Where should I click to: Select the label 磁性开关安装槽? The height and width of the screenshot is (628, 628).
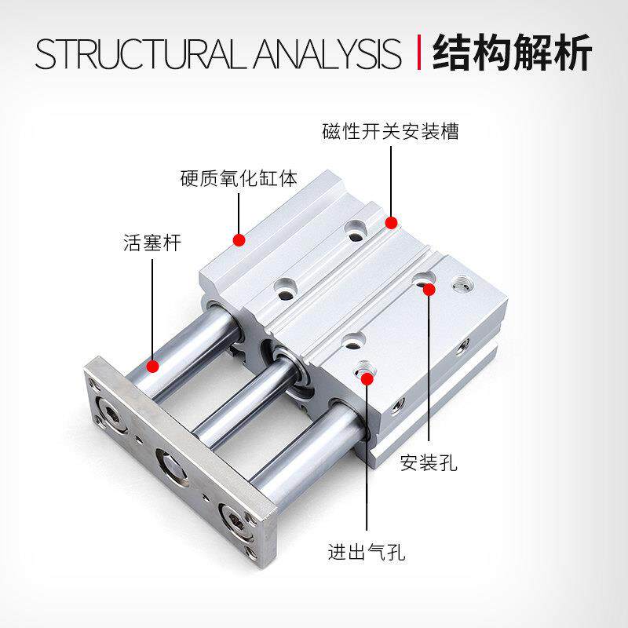390,131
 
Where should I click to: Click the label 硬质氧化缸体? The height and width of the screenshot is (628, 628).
239,178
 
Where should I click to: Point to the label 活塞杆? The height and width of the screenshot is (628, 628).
152,243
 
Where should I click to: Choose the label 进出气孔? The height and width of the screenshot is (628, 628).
366,550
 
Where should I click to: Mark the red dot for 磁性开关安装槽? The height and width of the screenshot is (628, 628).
391,223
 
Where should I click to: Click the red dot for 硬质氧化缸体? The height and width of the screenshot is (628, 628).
239,236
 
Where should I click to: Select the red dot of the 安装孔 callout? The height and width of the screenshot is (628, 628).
429,290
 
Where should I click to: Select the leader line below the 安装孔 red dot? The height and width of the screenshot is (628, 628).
429,369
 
